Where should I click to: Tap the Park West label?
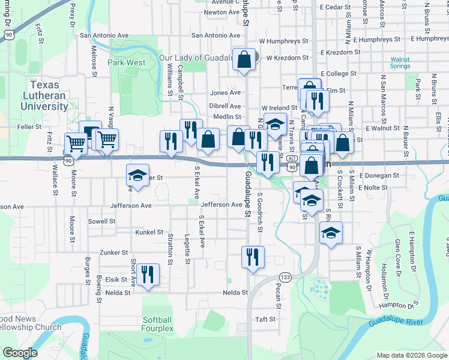coord(126,62)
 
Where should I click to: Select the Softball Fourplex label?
coord(158,324)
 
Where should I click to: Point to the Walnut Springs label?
coord(400,63)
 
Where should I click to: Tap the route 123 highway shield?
coord(285,277)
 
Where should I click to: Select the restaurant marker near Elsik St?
coord(148,274)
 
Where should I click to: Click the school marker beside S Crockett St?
coord(330,232)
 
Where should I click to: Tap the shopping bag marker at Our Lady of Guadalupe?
coord(244,59)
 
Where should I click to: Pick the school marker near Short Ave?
coord(137,175)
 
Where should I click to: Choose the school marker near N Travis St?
coord(275,124)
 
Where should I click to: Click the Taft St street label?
coord(265,319)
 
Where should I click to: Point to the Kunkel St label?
coord(149,232)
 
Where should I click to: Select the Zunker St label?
coord(114,253)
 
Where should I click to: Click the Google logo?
coord(20,352)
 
